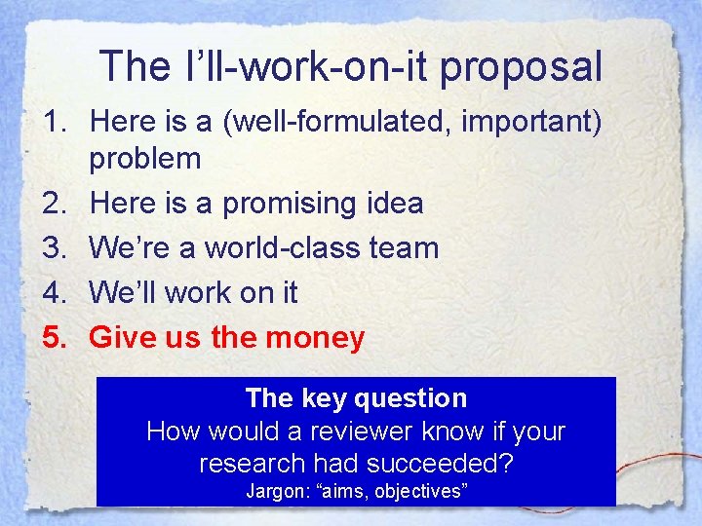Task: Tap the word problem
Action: tap(145, 158)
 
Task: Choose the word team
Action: tap(407, 247)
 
